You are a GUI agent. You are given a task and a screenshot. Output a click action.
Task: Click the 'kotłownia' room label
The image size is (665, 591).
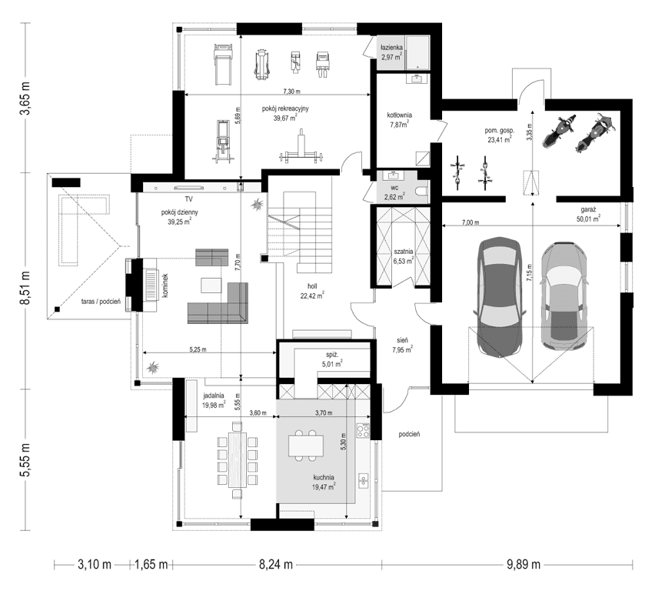pyautogui.click(x=399, y=115)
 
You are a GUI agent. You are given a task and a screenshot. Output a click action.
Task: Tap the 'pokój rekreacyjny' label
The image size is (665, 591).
pyautogui.click(x=285, y=109)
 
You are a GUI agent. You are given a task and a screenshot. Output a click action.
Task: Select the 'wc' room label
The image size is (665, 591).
pyautogui.click(x=394, y=188)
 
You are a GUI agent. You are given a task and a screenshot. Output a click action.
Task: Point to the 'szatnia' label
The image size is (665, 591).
pyautogui.click(x=403, y=252)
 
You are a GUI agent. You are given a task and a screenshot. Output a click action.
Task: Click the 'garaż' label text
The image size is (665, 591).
pyautogui.click(x=588, y=209)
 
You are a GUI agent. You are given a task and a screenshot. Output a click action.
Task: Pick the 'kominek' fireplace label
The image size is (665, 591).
pyautogui.click(x=165, y=285)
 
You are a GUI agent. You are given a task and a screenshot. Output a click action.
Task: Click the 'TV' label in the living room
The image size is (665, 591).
pyautogui.click(x=188, y=199)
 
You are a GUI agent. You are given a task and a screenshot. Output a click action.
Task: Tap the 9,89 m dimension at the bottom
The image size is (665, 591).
pyautogui.click(x=524, y=565)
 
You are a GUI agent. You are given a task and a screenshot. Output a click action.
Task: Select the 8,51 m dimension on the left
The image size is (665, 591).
pyautogui.click(x=26, y=288)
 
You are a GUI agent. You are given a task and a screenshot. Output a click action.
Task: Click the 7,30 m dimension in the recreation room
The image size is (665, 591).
pyautogui.click(x=292, y=92)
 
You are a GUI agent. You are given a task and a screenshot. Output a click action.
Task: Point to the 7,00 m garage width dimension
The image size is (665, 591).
pyautogui.click(x=470, y=222)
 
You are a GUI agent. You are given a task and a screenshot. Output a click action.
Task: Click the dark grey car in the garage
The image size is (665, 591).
pyautogui.click(x=499, y=297)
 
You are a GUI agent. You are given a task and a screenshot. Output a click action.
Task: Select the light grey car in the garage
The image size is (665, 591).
pyautogui.click(x=564, y=296)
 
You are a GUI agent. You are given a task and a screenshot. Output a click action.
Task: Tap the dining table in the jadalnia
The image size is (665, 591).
pyautogui.click(x=238, y=460)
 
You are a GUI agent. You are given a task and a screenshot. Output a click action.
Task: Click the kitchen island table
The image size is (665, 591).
pyautogui.click(x=306, y=446)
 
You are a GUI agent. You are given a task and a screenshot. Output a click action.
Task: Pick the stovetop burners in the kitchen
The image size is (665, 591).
pyautogui.click(x=364, y=431)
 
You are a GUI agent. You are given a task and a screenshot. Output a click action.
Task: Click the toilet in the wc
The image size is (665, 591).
pyautogui.click(x=422, y=191)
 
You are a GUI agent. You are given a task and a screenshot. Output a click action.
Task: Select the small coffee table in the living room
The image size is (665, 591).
pyautogui.click(x=211, y=285)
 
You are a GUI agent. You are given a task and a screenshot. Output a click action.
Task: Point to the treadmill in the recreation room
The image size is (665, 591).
pyautogui.click(x=223, y=64)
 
